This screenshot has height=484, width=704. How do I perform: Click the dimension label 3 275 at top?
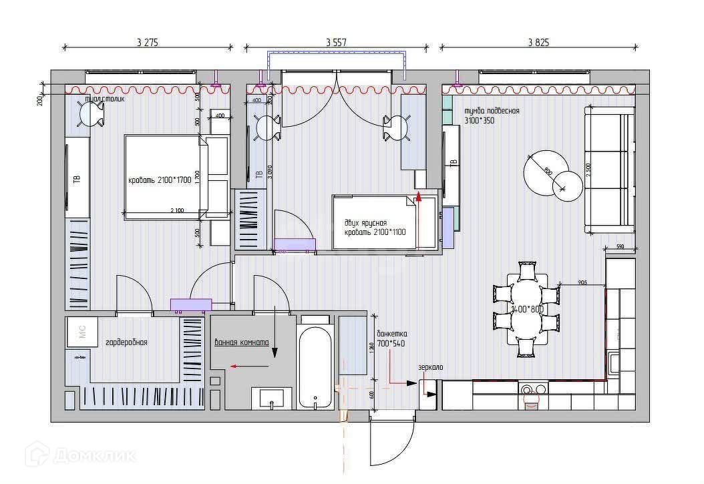click(x=148, y=42)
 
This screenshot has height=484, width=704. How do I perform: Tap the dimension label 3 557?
click(x=337, y=42)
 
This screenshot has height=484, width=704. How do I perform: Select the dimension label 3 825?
click(x=538, y=42)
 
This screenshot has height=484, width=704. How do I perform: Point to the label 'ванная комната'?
click(x=242, y=342)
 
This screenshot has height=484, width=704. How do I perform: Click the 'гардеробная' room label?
click(x=126, y=342)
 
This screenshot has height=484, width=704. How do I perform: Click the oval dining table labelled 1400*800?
click(x=526, y=309)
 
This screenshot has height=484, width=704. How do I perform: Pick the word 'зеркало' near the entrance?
click(x=430, y=367)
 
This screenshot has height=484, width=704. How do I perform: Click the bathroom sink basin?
click(x=271, y=399)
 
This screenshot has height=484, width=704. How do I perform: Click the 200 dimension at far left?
click(x=40, y=100)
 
